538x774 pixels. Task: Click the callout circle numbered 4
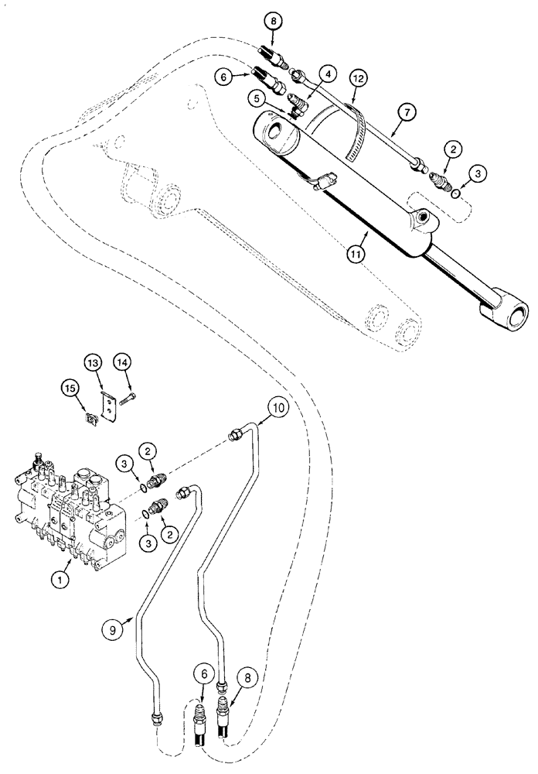[x=329, y=74]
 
